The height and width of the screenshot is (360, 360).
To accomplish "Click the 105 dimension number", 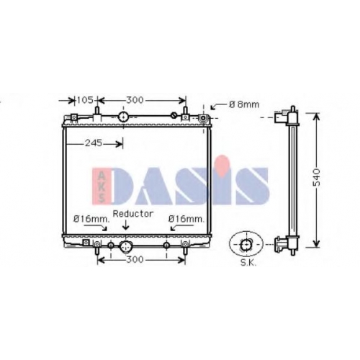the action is pos(85,100).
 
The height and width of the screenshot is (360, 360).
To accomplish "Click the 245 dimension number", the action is pos(94,143).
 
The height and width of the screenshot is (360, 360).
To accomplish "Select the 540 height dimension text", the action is pos(317,177).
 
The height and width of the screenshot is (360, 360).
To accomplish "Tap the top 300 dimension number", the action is pos(135,100).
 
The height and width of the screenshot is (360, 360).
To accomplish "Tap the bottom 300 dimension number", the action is pos(135,259).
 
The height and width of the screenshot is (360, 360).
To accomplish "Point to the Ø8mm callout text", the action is pos(244,104).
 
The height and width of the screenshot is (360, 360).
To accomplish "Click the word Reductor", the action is pos(133,214).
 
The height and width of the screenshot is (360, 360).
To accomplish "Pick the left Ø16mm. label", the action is pos(91,219).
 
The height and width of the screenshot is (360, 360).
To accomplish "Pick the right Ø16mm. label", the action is pos(186,219).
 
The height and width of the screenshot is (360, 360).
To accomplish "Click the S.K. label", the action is pos(248,263).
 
